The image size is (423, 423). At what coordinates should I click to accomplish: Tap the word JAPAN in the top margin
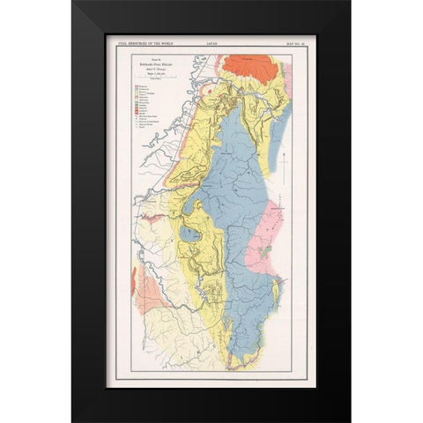coord(211,39)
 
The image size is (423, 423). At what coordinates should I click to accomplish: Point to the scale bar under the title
coord(145,78)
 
